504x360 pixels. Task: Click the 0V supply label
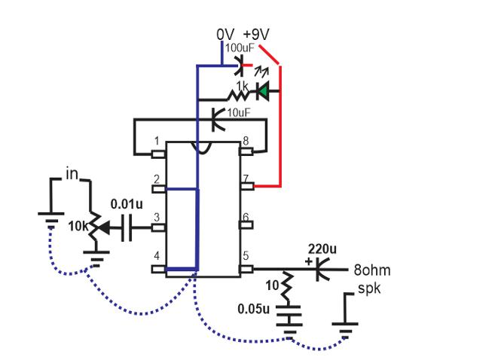point(226,35)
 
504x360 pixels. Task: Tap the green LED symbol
point(263,92)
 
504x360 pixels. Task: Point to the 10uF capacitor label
point(237,112)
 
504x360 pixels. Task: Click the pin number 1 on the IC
point(156,141)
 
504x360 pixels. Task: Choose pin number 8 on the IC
point(246,141)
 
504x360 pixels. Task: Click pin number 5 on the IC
point(246,256)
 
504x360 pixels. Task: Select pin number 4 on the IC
point(156,256)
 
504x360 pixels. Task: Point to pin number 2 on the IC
point(156,178)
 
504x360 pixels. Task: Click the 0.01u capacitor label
point(124,203)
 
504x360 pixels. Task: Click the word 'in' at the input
point(72,175)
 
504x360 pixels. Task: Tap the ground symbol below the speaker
point(344,325)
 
